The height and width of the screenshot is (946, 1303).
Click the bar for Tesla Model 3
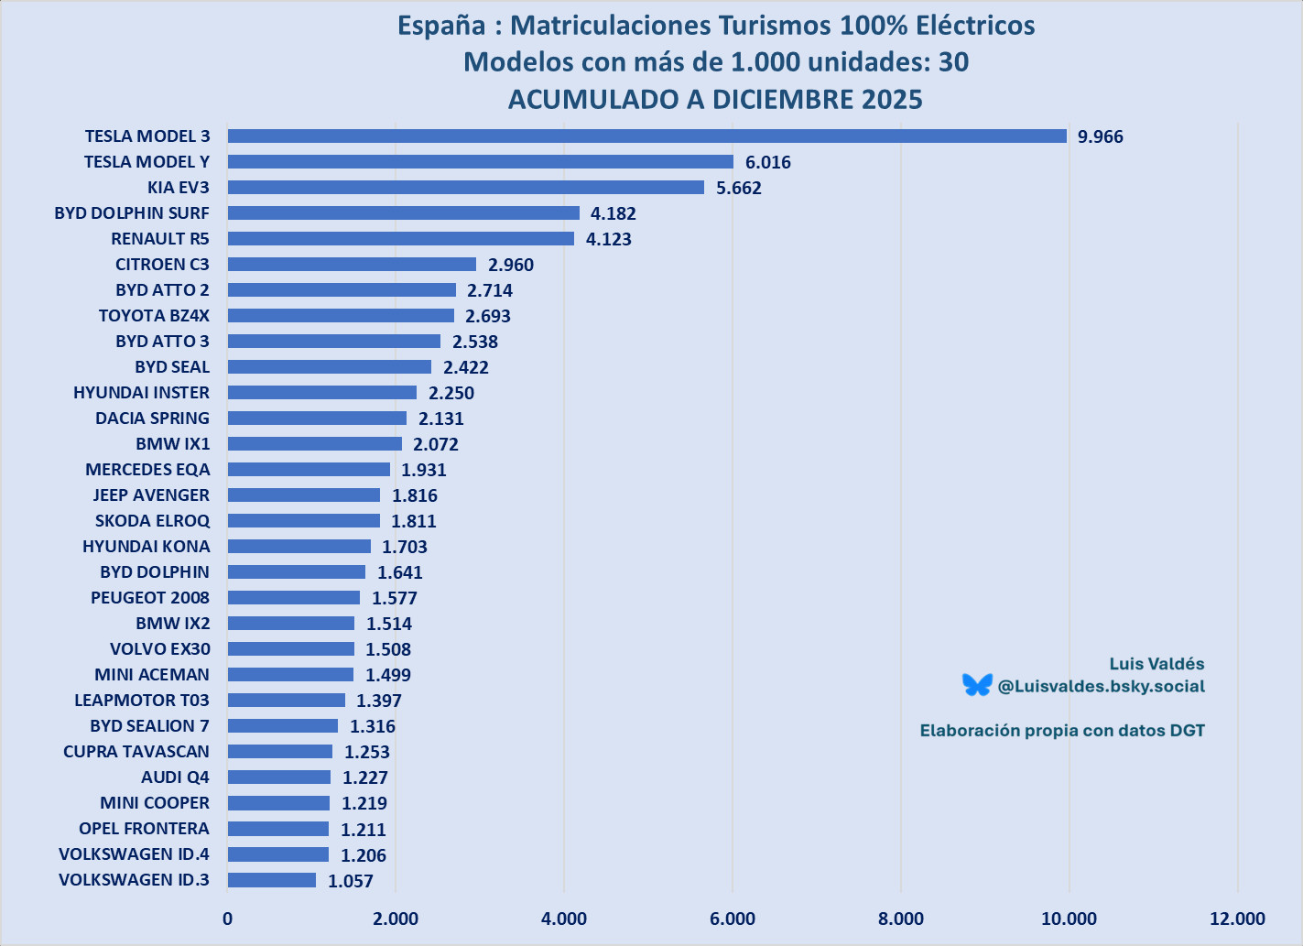pyautogui.click(x=646, y=136)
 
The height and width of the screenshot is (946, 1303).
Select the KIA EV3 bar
pyautogui.click(x=465, y=188)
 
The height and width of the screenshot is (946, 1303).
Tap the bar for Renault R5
pyautogui.click(x=400, y=239)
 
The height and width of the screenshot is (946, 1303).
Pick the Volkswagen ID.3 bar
pyautogui.click(x=271, y=880)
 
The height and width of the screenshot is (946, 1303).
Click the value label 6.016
pyautogui.click(x=767, y=162)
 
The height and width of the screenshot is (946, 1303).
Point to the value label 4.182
pyautogui.click(x=613, y=213)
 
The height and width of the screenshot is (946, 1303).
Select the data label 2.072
pyautogui.click(x=435, y=444)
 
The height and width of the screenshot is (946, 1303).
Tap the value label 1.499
pyautogui.click(x=387, y=675)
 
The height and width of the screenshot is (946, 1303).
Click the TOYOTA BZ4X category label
pyautogui.click(x=154, y=316)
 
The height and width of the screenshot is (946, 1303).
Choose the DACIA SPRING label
pyautogui.click(x=152, y=419)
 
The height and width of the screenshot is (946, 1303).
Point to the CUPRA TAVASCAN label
pyautogui.click(x=136, y=752)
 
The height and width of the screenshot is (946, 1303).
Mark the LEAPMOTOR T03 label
pyautogui.click(x=141, y=701)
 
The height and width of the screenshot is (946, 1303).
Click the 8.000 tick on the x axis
pyautogui.click(x=900, y=919)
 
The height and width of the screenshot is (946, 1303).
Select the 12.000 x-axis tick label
pyautogui.click(x=1236, y=919)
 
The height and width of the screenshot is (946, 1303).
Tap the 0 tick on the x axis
pyautogui.click(x=227, y=919)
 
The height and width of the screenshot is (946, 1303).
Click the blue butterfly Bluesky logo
pyautogui.click(x=977, y=685)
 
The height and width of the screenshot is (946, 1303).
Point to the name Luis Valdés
pyautogui.click(x=1156, y=664)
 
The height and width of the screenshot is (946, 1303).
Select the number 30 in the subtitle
pyautogui.click(x=953, y=62)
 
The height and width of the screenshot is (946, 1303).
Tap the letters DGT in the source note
pyautogui.click(x=1187, y=731)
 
